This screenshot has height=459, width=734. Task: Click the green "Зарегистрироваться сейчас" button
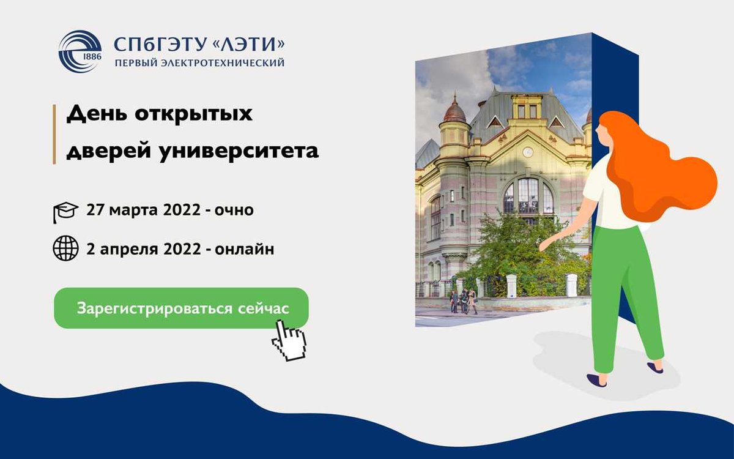[181, 308]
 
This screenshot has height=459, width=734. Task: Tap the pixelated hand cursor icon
[289, 340]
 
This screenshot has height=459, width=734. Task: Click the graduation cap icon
[65, 212]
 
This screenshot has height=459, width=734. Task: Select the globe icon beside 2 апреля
[65, 249]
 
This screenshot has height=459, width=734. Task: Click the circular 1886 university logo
[80, 51]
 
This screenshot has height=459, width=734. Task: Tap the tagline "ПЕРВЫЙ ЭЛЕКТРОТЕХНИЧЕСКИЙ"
[199, 63]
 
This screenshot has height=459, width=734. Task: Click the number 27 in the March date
[97, 211]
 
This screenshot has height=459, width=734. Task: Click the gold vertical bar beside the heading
[54, 133]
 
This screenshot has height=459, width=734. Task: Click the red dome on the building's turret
[454, 110]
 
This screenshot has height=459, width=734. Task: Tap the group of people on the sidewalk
[463, 301]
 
